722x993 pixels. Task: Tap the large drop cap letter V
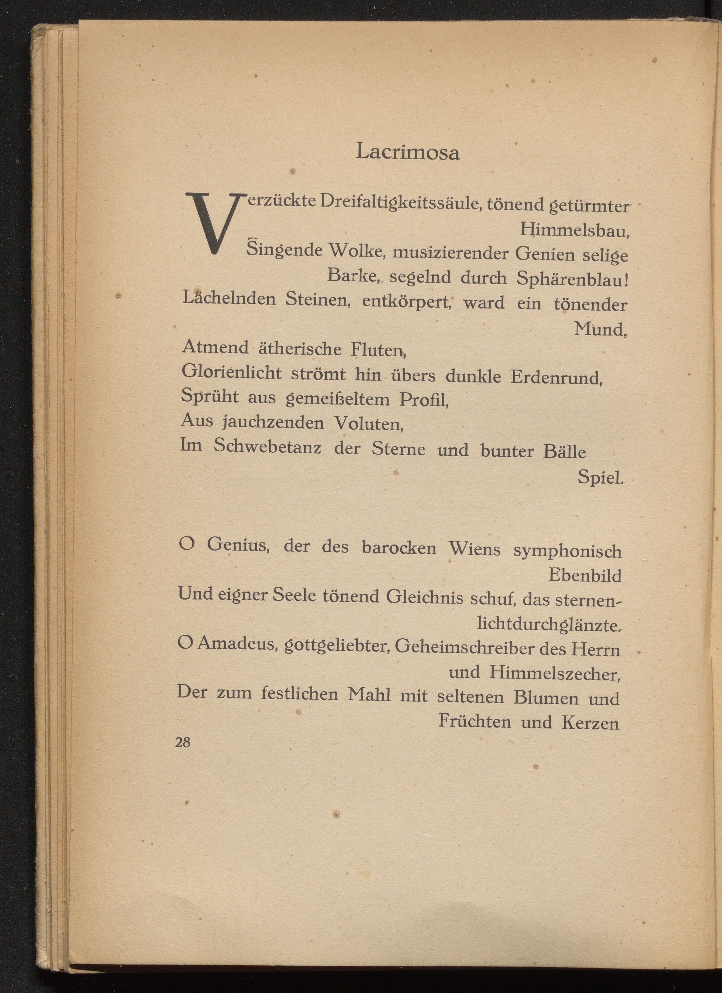(212, 222)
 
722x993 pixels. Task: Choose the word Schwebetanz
(267, 447)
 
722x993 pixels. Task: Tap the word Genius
(238, 546)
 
